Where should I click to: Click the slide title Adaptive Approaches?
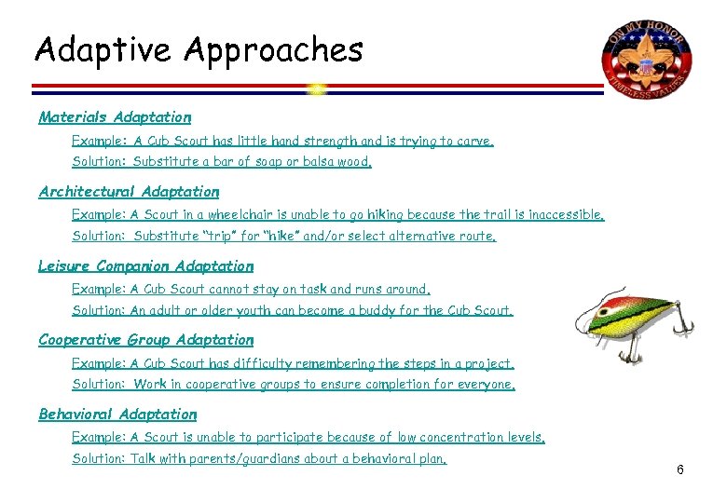tap(199, 48)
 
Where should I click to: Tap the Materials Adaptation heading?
tap(115, 117)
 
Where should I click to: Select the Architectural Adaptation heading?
tap(129, 192)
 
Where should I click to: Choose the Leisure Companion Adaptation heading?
tap(145, 265)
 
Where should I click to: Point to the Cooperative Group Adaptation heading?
tap(145, 340)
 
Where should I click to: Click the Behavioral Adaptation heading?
tap(117, 414)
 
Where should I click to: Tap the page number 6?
tap(680, 469)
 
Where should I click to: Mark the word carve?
tap(473, 142)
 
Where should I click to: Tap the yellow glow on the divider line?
tap(317, 89)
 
